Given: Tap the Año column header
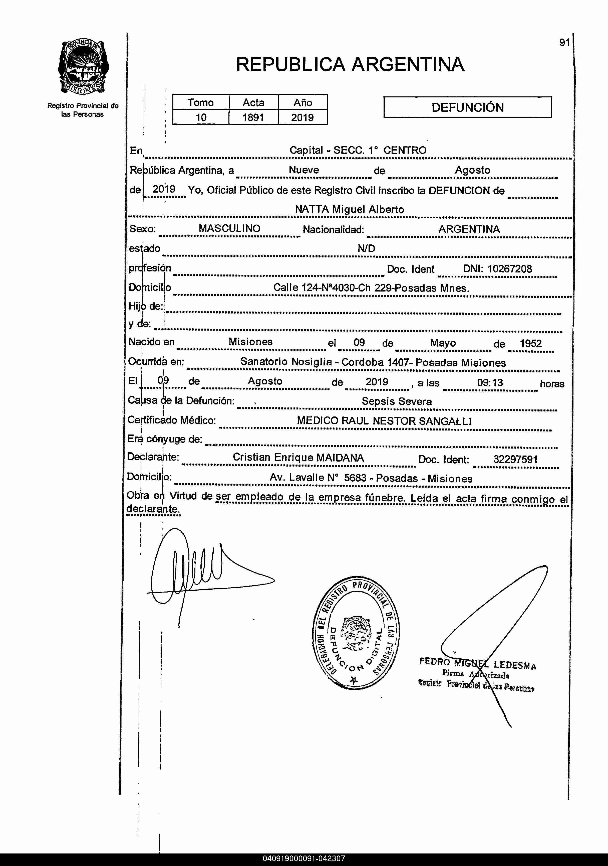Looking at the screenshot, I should pyautogui.click(x=303, y=103).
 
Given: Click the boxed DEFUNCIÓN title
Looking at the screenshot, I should pyautogui.click(x=467, y=107).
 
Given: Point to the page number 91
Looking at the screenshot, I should pyautogui.click(x=564, y=43).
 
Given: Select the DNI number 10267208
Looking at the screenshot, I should pyautogui.click(x=510, y=269).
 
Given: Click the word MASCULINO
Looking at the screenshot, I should pyautogui.click(x=229, y=229).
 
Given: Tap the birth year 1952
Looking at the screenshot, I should pyautogui.click(x=530, y=344).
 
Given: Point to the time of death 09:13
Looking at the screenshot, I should pyautogui.click(x=490, y=383).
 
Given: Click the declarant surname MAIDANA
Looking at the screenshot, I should pyautogui.click(x=340, y=458).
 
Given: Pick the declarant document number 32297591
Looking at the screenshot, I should pyautogui.click(x=515, y=459).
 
